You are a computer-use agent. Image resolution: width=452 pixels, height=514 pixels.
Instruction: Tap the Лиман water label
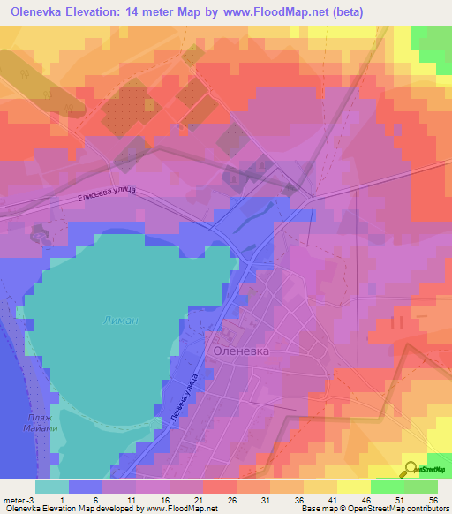point(119,321)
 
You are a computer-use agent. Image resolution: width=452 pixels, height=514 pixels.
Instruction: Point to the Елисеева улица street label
point(105,202)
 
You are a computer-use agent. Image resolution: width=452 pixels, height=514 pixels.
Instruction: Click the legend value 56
point(433,499)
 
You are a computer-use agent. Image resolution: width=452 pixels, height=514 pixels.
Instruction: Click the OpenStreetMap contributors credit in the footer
point(389,509)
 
